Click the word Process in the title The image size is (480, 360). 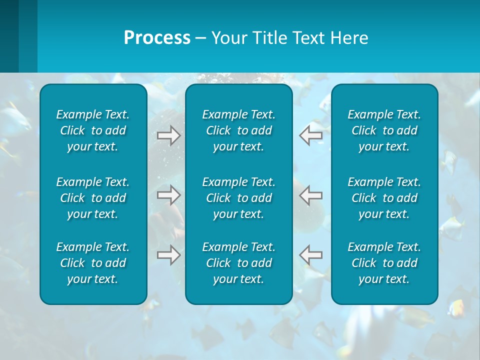coord(157,38)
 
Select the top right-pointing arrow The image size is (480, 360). coord(169,135)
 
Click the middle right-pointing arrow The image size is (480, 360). coord(169,195)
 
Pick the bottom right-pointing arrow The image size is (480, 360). coord(169,255)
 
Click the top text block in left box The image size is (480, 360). coord(93,130)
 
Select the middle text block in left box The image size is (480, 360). coord(93,198)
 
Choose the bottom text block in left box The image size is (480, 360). coord(93,263)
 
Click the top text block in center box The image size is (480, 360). coord(239,130)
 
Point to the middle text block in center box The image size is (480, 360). coord(239,198)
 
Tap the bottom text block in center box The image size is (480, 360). coord(239,263)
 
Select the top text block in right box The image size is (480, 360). coord(384,130)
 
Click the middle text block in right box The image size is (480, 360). coord(384,198)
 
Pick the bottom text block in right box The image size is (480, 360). coord(384,263)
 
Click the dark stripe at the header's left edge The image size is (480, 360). coord(9,36)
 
